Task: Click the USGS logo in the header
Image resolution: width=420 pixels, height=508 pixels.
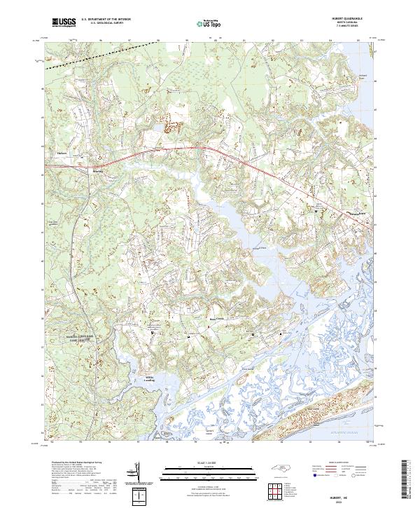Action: point(64,23)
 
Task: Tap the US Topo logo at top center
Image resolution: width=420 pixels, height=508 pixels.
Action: point(202,24)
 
